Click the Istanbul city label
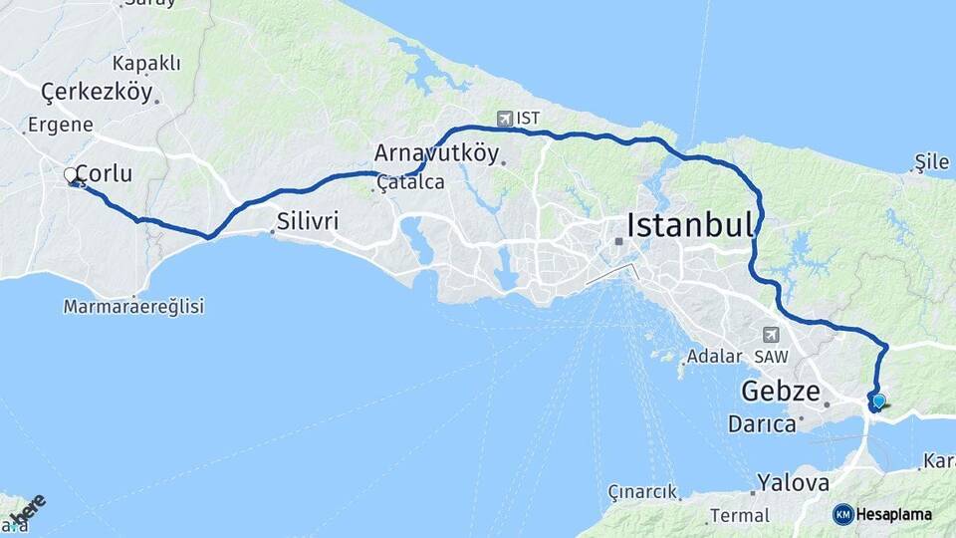689,225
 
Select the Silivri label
308,221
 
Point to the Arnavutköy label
435,153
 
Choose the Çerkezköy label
97,93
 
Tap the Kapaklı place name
146,64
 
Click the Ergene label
60,125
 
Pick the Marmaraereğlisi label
133,307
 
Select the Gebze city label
781,390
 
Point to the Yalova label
793,483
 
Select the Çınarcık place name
643,492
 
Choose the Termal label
738,516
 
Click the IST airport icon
505,119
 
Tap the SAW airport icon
771,336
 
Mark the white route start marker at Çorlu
71,175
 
